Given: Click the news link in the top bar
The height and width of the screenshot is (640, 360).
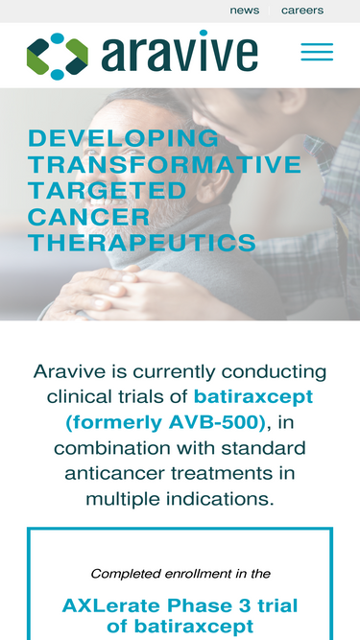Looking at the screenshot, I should click(x=244, y=11).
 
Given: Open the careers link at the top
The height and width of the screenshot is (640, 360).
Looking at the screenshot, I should click(x=302, y=11).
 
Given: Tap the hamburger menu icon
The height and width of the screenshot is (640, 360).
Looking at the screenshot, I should click(x=317, y=52).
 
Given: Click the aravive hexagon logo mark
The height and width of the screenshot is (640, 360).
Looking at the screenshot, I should click(x=57, y=56).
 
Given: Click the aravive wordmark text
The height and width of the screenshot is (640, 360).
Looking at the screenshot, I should click(x=180, y=55).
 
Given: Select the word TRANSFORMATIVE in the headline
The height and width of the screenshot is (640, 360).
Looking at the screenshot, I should click(x=165, y=164).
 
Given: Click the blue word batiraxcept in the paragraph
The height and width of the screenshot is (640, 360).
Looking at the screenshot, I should click(x=253, y=396).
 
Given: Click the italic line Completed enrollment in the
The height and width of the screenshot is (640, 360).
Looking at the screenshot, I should click(x=180, y=574).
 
